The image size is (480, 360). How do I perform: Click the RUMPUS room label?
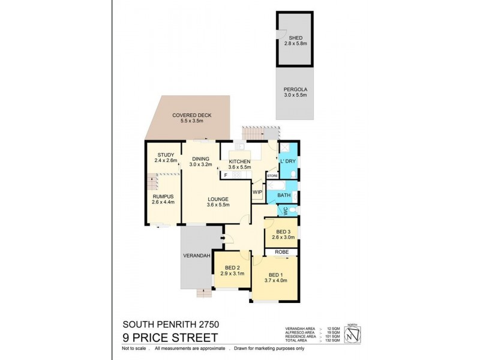(x=162, y=197)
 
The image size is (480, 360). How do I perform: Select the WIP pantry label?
(x=257, y=192)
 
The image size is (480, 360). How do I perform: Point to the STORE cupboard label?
(x=273, y=176)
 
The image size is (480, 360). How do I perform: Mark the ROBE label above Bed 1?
(x=282, y=253)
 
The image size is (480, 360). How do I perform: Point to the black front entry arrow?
(x=223, y=239)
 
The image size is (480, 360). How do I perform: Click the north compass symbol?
(x=352, y=337)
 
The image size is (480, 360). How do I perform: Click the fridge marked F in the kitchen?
(x=226, y=175)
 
